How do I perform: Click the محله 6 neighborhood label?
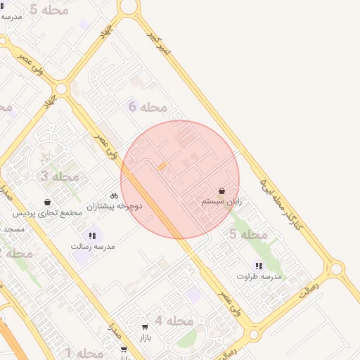[148, 107]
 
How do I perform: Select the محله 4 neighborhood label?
[174, 321]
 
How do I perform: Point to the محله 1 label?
[84, 352]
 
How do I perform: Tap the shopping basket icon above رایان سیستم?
[222, 191]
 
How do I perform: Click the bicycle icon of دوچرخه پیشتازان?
[114, 195]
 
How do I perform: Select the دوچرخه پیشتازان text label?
[115, 206]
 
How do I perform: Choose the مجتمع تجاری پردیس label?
[48, 213]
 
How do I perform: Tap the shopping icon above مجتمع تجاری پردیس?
[47, 202]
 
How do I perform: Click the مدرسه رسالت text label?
[92, 246]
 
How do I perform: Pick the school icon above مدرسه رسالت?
[92, 236]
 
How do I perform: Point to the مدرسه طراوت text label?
[259, 276]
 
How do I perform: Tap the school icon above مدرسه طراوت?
[259, 266]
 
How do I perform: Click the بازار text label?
[144, 338]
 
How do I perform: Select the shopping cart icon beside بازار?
[144, 327]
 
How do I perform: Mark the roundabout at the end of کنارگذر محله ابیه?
[336, 269]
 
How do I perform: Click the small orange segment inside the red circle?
[162, 166]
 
